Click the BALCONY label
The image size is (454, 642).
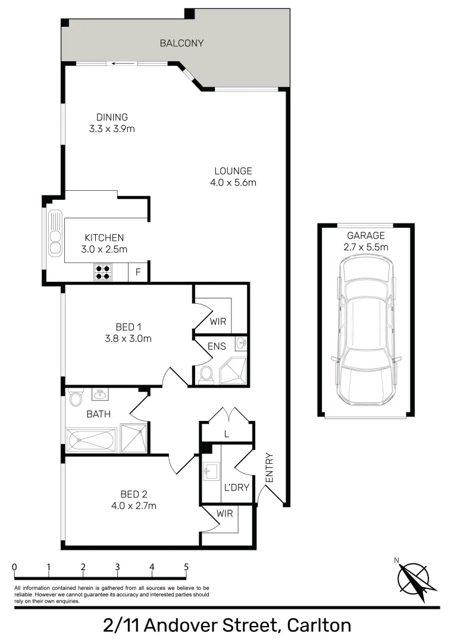click(181, 43)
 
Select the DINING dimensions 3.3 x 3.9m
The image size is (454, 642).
click(112, 128)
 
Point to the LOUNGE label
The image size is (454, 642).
click(233, 171)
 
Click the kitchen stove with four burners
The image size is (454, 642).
click(102, 272)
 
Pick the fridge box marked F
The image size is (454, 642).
click(138, 272)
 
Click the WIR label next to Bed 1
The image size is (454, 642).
click(217, 322)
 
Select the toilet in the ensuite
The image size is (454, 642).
click(206, 374)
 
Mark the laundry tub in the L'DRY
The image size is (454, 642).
click(210, 472)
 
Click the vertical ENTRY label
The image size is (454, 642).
click(268, 468)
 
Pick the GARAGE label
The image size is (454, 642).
click(366, 235)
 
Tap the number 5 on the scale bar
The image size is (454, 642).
click(186, 567)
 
